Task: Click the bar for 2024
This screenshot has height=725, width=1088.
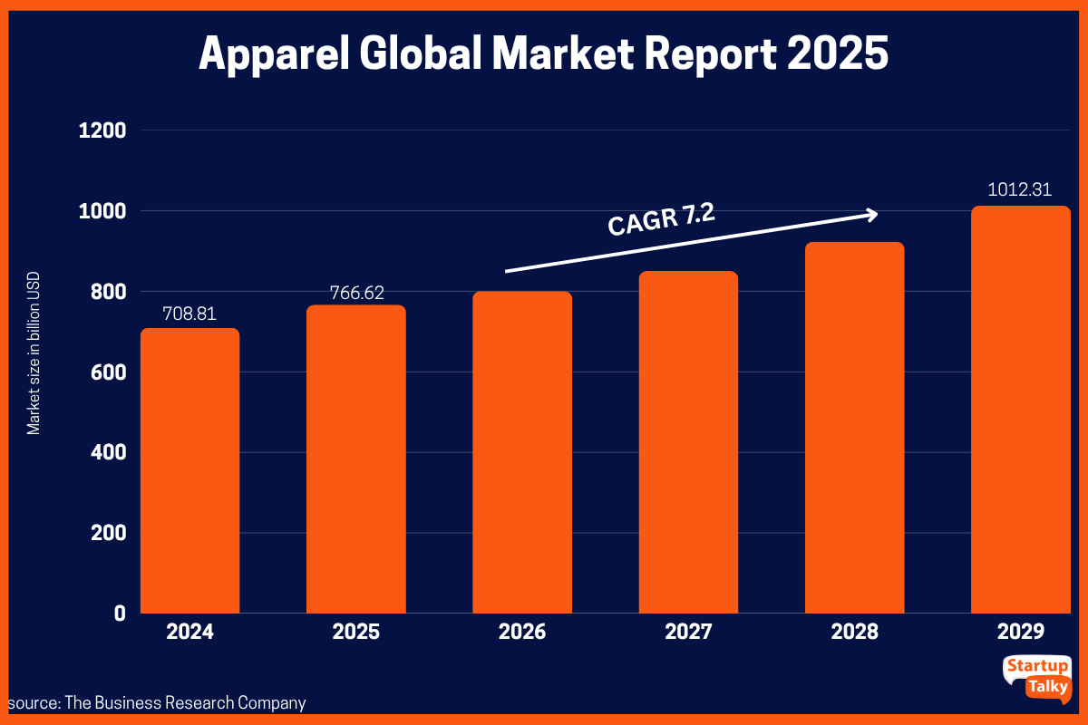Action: tap(189, 471)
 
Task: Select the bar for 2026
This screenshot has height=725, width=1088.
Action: tap(522, 453)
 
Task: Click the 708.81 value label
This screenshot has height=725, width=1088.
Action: tap(189, 314)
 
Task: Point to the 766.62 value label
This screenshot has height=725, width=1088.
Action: tap(355, 292)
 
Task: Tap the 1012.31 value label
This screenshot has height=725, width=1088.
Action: tap(1021, 190)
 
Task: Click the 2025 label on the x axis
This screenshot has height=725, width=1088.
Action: tap(355, 632)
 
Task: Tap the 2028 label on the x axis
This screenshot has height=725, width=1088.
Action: tap(855, 632)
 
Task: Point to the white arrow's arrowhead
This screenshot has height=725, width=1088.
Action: tap(872, 214)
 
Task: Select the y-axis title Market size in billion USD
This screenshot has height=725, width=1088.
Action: tap(34, 362)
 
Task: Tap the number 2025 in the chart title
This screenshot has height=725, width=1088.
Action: tap(838, 54)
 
